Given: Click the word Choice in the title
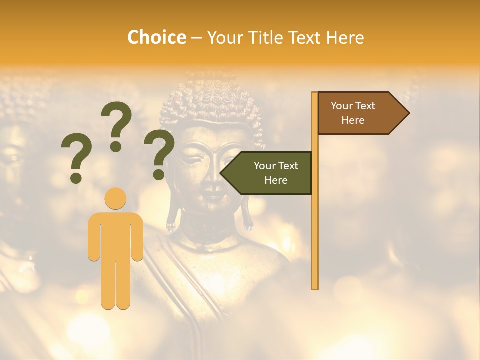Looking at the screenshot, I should (x=156, y=38).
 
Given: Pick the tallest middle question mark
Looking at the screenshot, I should (x=116, y=125).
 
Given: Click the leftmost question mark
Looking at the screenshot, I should (x=76, y=158).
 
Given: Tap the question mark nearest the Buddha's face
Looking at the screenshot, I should (x=159, y=154).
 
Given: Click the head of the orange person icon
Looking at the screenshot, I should (x=115, y=198).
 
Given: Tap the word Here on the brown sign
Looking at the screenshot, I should (x=353, y=120).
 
